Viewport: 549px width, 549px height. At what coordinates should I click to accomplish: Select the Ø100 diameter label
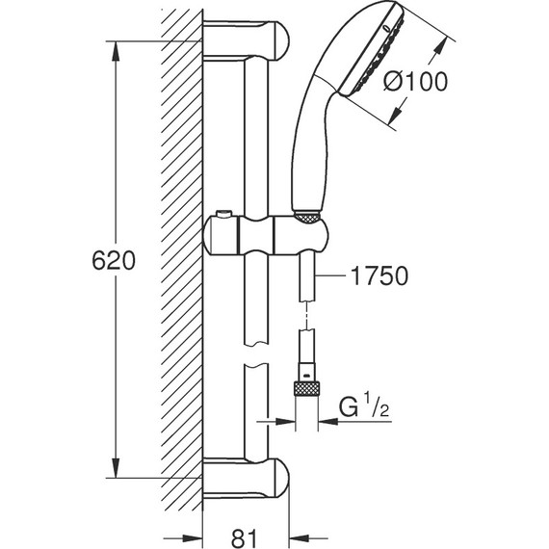[414, 83]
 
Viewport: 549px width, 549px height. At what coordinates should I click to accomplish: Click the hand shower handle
[310, 144]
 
